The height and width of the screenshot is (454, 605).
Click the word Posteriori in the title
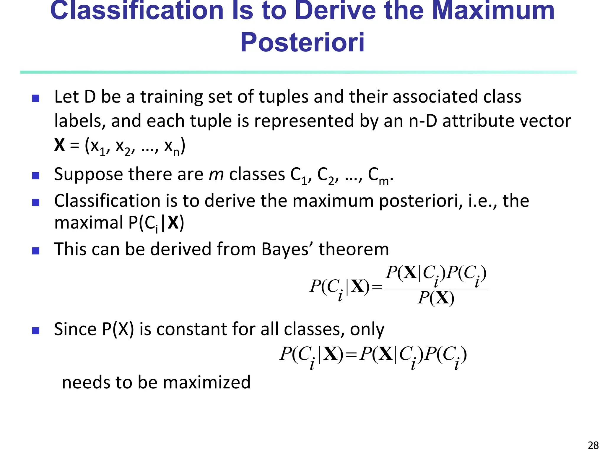tap(302, 42)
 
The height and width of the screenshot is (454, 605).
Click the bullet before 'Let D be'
tap(36, 98)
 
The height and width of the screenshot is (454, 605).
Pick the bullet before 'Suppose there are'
tap(36, 176)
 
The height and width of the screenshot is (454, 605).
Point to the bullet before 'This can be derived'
tap(36, 251)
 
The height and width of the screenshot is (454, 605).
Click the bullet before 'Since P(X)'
tap(36, 330)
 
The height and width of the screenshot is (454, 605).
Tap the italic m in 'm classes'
tap(216, 174)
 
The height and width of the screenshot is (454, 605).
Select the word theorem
tap(354, 249)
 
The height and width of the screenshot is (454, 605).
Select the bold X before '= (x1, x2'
tap(59, 145)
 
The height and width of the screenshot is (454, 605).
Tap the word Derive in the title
tap(336, 11)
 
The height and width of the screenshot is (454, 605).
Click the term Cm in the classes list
tap(379, 176)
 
